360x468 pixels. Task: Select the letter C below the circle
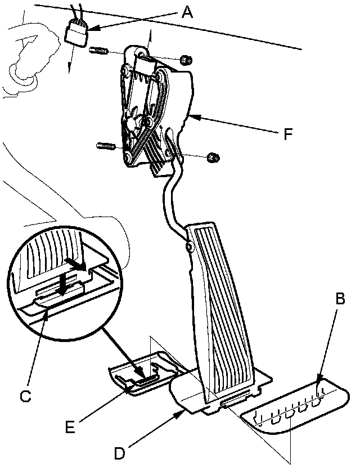(x=25, y=396)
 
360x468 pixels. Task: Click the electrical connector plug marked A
(x=76, y=34)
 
